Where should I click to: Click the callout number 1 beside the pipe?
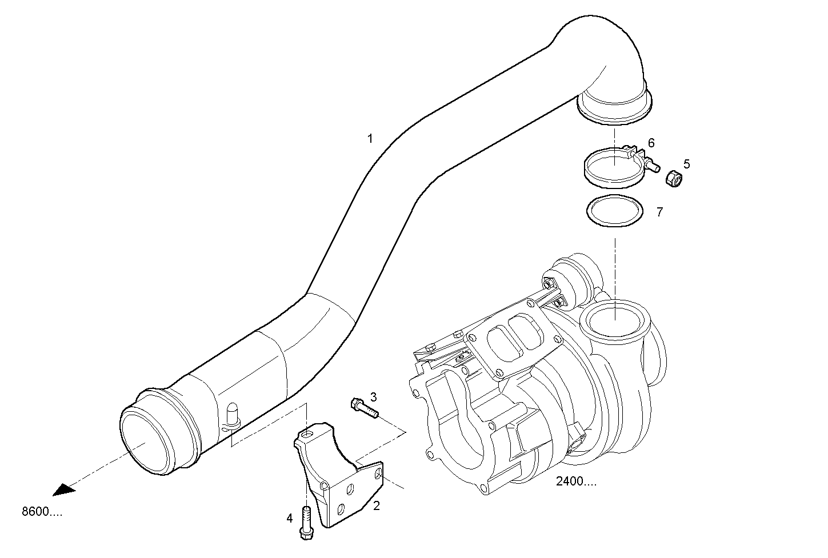click(370, 138)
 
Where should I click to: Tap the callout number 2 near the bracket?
click(377, 505)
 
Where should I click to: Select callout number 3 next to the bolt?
click(373, 396)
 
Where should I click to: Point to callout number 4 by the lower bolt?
click(290, 518)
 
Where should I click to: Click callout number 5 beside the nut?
click(686, 164)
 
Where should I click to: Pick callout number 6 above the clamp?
click(651, 142)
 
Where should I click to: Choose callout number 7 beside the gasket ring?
click(659, 212)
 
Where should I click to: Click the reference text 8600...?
click(42, 512)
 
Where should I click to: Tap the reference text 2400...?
click(576, 481)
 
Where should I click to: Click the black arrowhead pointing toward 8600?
click(64, 489)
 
